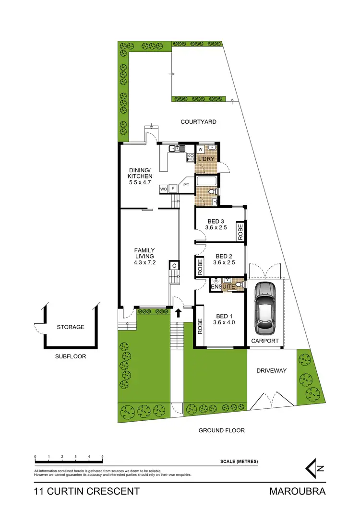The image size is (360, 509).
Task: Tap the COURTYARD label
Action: (198, 122)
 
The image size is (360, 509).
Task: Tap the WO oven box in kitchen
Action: (163, 189)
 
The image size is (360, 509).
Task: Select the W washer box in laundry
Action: (201, 149)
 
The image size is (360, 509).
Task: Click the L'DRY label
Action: (206, 159)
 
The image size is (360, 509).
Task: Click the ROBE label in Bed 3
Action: (240, 232)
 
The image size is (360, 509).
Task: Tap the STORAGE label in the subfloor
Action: (71, 327)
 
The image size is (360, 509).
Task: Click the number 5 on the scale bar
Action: (102, 457)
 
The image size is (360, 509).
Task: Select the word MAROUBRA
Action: (297, 491)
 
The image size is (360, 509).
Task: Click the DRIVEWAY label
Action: (271, 370)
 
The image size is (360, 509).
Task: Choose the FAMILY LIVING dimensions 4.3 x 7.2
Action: (144, 262)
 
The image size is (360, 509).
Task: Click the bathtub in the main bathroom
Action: (205, 182)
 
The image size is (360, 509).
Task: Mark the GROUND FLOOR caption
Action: (222, 430)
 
